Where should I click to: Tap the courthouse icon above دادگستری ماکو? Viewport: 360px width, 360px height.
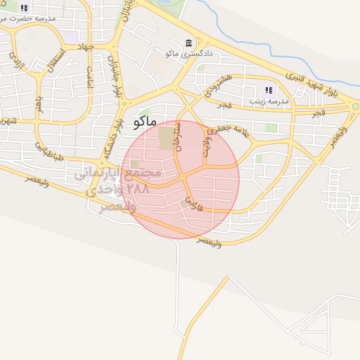coord(188,43)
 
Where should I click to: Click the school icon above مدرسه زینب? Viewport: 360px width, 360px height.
coord(268,90)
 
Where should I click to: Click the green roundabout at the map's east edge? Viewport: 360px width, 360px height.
coord(355,107)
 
